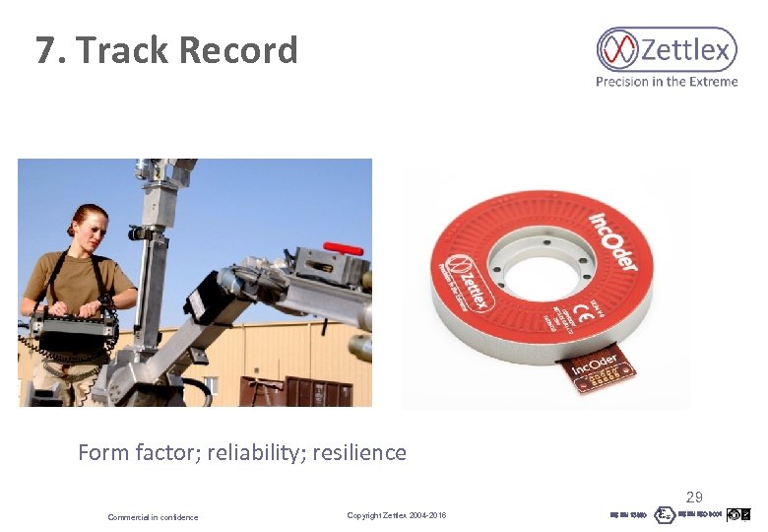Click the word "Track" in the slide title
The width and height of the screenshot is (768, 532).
[122, 50]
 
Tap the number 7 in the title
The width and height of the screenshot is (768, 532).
[45, 50]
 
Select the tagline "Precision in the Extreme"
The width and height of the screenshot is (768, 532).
[666, 82]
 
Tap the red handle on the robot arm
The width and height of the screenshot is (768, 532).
[343, 249]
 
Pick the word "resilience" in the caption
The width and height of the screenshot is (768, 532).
[358, 453]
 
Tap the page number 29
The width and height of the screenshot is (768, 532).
[694, 498]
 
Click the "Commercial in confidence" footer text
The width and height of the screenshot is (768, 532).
[153, 517]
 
